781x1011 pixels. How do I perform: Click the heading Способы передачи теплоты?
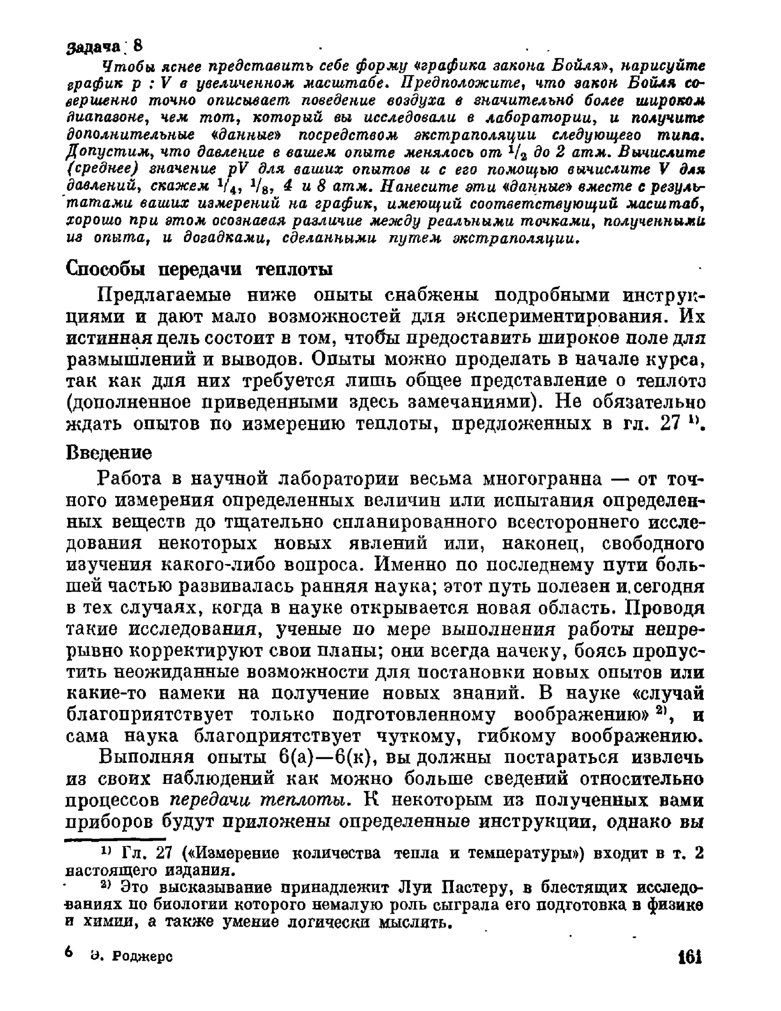click(199, 270)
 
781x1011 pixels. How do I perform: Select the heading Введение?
click(109, 453)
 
